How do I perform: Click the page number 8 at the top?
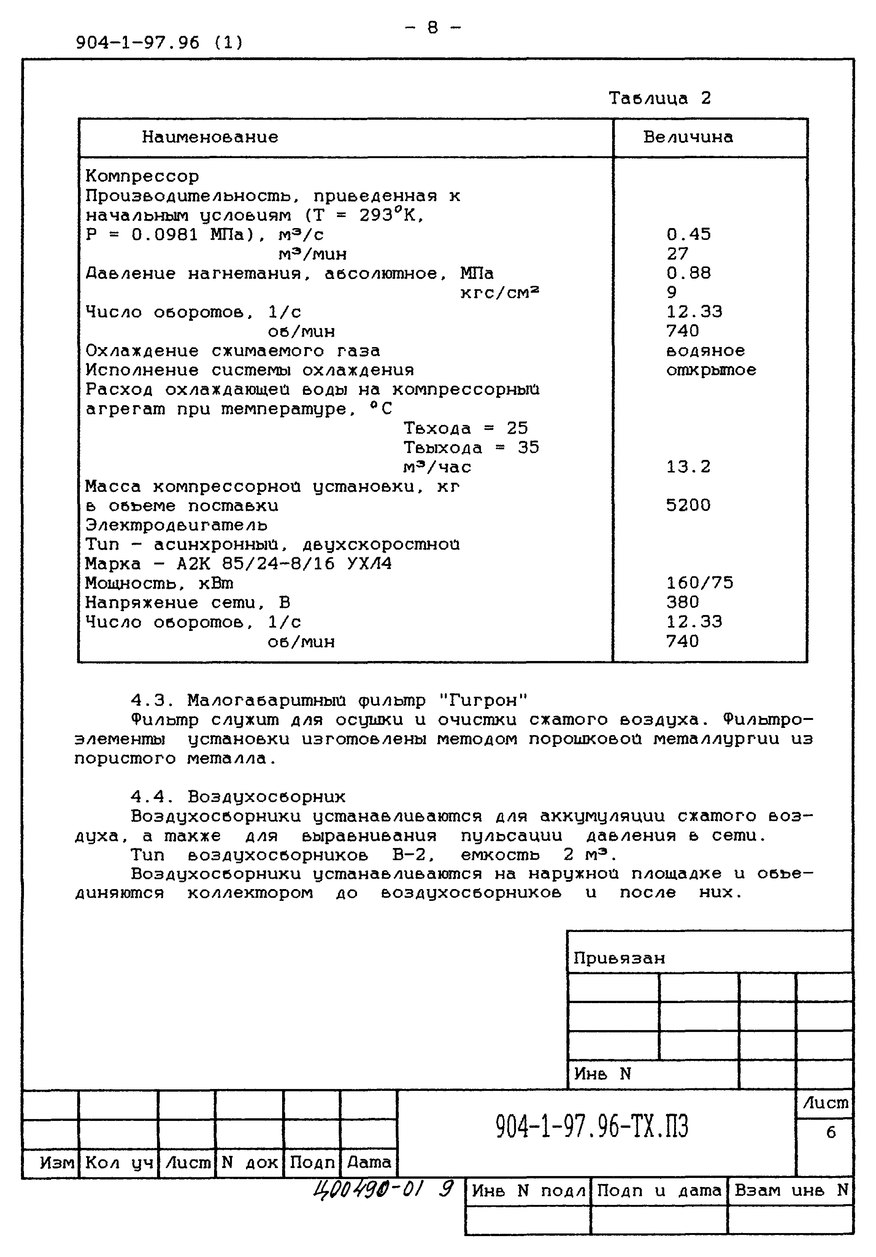tap(433, 27)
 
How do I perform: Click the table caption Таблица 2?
tap(659, 98)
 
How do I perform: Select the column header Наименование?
tap(210, 137)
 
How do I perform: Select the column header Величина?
tap(688, 137)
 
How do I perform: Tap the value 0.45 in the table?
tap(688, 234)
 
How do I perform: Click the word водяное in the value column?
tap(705, 350)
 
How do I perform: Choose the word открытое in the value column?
tap(711, 370)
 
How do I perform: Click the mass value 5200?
tap(688, 505)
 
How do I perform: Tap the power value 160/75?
tap(699, 583)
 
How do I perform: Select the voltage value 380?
tap(682, 602)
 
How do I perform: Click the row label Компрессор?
tap(142, 176)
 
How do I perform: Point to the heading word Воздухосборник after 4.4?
tap(267, 797)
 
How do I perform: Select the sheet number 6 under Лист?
tap(830, 1132)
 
